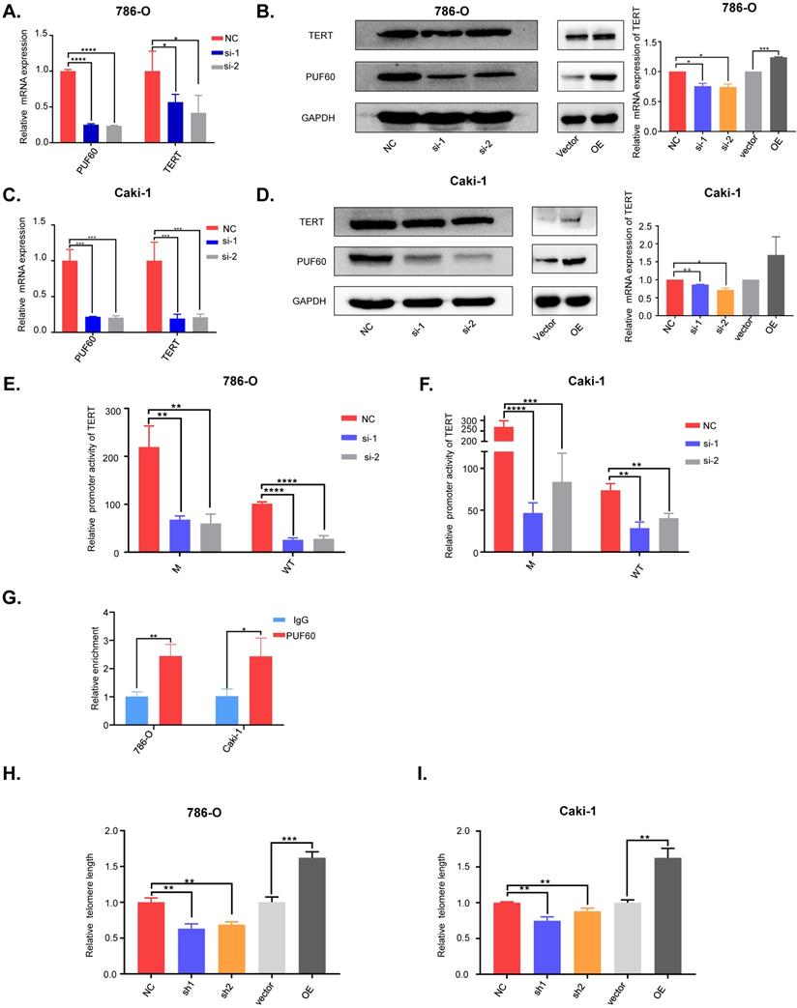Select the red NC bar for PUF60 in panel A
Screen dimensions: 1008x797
(67, 106)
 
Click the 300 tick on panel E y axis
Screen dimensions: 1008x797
(117, 410)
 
